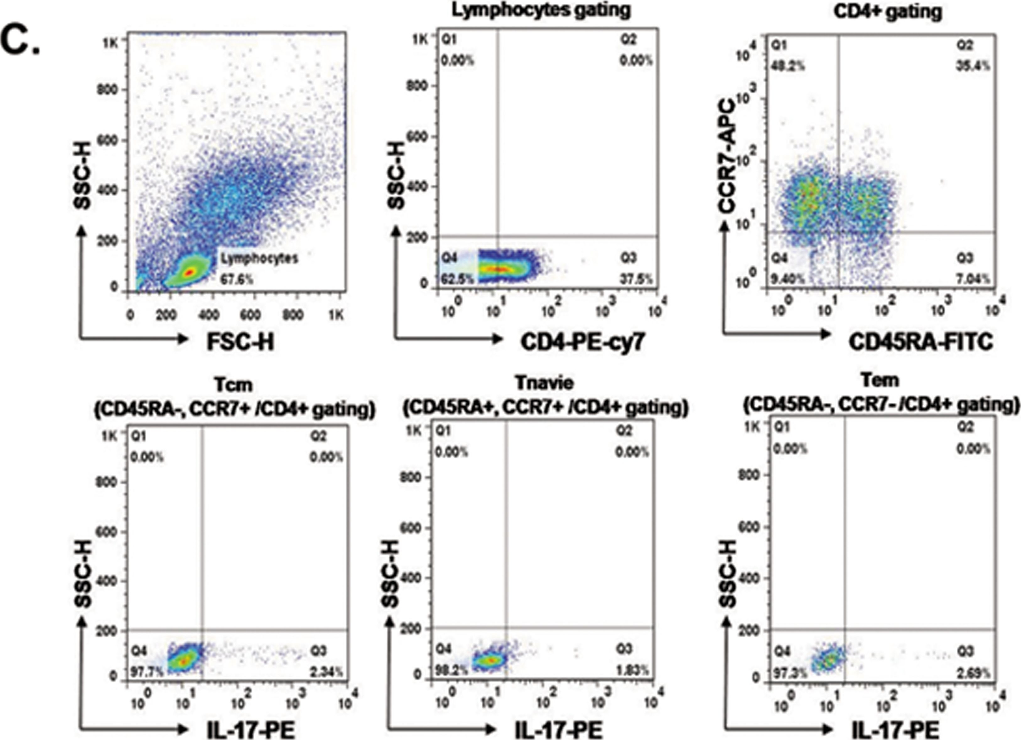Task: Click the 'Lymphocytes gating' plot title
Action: tap(541, 10)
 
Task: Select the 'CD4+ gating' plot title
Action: tap(887, 12)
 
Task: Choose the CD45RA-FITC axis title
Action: tap(921, 343)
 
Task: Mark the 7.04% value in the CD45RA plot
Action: tap(973, 279)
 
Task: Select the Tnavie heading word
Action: tap(545, 383)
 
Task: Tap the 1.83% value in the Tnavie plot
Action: tap(632, 671)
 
